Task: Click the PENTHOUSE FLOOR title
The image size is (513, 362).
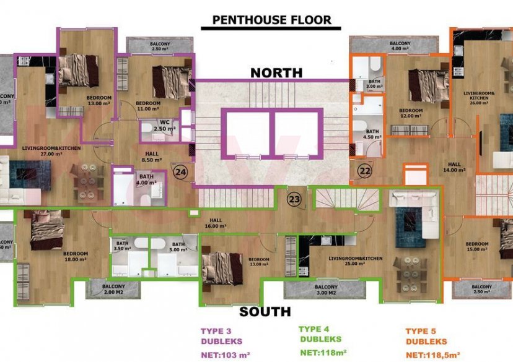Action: point(271,20)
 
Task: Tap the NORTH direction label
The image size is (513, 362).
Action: point(276,73)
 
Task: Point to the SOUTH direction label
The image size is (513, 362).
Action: point(266,311)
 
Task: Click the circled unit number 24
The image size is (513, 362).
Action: point(181,172)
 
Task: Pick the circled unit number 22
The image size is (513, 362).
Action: point(364,171)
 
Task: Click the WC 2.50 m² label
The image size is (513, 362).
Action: point(164,125)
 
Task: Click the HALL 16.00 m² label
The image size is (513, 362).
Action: point(216,223)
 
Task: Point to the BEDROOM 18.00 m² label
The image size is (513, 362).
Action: point(76,257)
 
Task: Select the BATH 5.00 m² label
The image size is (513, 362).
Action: point(178,247)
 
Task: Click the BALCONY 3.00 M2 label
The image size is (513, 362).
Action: point(325,290)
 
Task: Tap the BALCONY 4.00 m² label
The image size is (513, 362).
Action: point(400,46)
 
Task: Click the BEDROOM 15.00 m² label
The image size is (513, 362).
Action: point(477,247)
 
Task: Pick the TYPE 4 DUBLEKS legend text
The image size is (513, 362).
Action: point(320,334)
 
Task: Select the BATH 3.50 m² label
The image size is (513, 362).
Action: point(122,247)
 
